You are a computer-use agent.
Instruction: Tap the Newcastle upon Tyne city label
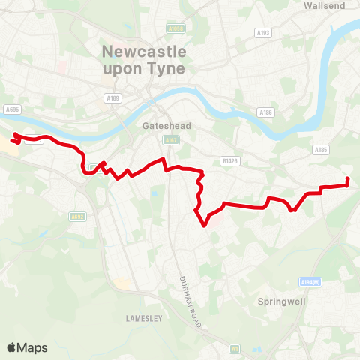pyautogui.click(x=142, y=60)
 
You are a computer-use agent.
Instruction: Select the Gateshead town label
pyautogui.click(x=163, y=127)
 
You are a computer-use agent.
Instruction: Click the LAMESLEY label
pyautogui.click(x=139, y=318)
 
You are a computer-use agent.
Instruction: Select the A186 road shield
pyautogui.click(x=265, y=112)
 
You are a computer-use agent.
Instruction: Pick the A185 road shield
pyautogui.click(x=321, y=149)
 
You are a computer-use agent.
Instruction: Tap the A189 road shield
pyautogui.click(x=113, y=97)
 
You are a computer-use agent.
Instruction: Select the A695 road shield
pyautogui.click(x=11, y=108)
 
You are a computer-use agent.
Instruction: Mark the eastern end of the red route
pyautogui.click(x=347, y=179)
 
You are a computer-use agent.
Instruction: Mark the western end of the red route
pyautogui.click(x=11, y=140)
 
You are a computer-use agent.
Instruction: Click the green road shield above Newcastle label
pyautogui.click(x=176, y=29)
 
